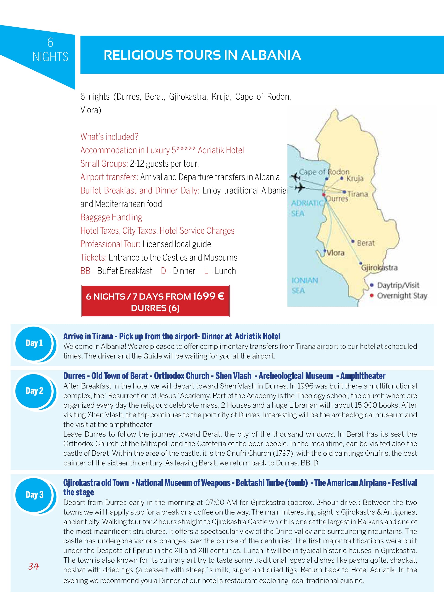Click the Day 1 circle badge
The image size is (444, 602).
[x=34, y=343]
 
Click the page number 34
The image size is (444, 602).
[x=34, y=566]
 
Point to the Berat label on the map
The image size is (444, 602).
[x=366, y=243]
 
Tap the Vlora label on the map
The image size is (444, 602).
[x=335, y=253]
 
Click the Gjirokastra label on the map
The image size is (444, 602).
[x=379, y=267]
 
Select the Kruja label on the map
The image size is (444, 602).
[x=355, y=178]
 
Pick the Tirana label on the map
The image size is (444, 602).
[x=358, y=194]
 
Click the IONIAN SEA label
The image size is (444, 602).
[x=305, y=285]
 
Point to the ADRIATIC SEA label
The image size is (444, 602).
[x=306, y=208]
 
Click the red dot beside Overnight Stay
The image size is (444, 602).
[x=372, y=295]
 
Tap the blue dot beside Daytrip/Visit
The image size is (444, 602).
[x=372, y=285]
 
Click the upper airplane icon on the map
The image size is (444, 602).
[x=296, y=177]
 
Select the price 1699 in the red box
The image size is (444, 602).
[x=204, y=296]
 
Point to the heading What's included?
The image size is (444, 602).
[x=109, y=137]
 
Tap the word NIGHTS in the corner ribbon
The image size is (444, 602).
[x=50, y=57]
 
